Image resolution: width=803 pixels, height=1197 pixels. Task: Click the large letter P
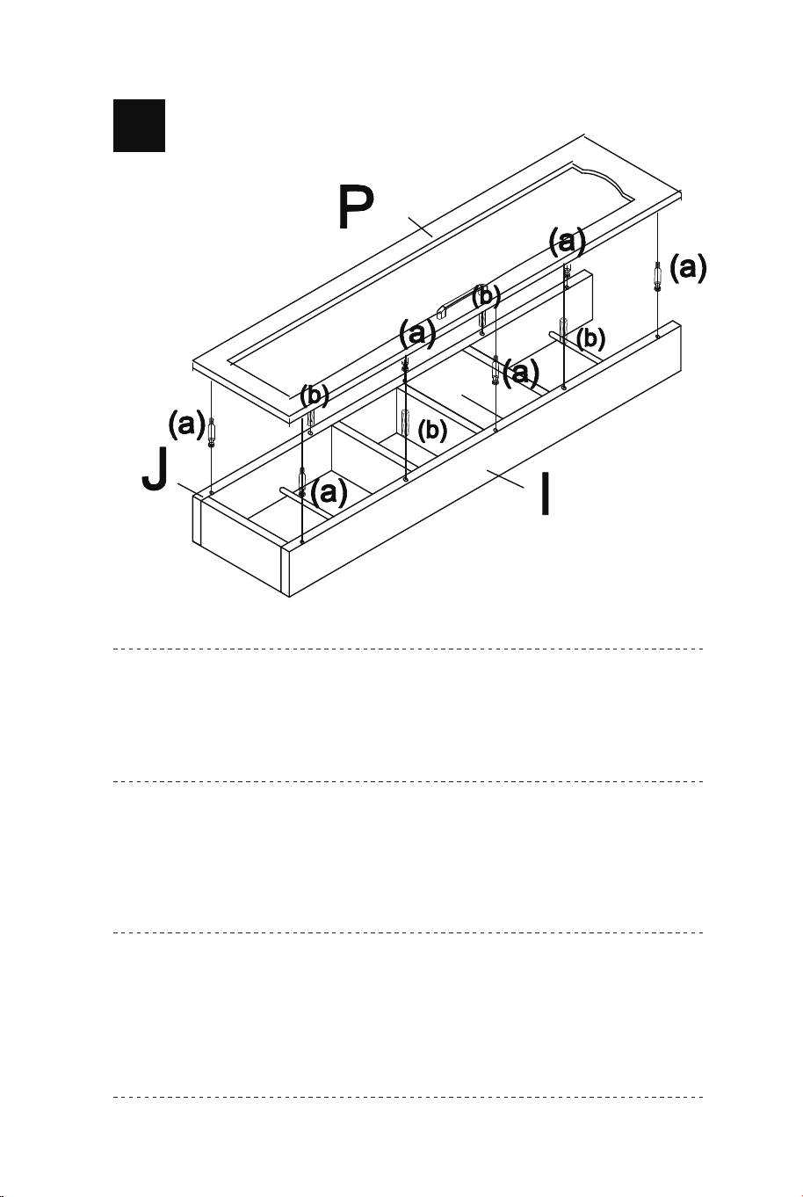[x=355, y=207]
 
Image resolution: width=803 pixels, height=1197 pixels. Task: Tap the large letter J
[x=155, y=469]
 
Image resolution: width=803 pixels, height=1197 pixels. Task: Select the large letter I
[x=545, y=494]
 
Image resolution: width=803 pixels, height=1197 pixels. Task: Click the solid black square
[x=139, y=126]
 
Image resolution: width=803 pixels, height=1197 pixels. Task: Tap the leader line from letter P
[x=421, y=227]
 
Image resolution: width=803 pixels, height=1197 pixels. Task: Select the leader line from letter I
[x=505, y=479]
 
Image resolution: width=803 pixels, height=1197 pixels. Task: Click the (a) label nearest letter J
[x=186, y=424]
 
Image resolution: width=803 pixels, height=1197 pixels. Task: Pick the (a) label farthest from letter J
[x=688, y=267]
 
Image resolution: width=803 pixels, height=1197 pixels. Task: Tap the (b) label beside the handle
[x=486, y=297]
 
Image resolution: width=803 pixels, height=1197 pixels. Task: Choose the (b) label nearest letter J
[x=314, y=395]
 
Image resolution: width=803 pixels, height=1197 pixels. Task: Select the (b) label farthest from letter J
[x=590, y=337]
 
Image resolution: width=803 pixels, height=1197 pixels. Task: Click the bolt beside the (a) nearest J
[x=212, y=431]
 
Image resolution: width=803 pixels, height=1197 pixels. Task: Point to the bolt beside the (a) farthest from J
[x=657, y=276]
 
